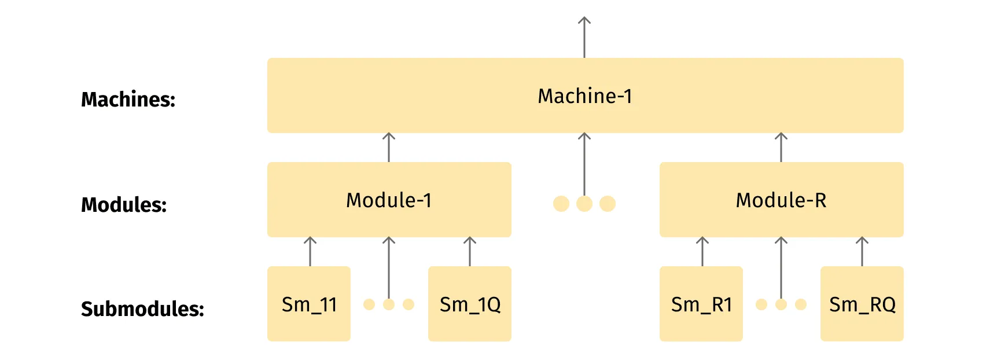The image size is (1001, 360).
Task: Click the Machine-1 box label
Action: coord(584,96)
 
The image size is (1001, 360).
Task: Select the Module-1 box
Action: coord(389,200)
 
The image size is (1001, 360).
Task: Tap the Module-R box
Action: coord(781,200)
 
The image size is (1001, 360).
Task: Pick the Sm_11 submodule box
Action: coord(309,304)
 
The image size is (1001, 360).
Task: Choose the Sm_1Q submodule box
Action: coord(470,304)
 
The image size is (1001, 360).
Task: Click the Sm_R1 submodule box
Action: coord(701,304)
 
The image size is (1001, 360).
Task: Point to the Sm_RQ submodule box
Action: coord(862,304)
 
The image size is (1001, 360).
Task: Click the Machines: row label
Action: coord(128,100)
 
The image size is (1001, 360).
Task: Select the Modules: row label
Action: coord(124,205)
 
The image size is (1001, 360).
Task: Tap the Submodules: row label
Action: coord(142,309)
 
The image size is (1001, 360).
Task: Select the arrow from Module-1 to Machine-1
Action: coord(389,148)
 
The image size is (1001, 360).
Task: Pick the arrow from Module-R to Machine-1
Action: coord(781,148)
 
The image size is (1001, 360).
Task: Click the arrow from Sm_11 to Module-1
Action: coord(310,252)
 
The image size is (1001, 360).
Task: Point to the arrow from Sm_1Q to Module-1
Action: coord(470,252)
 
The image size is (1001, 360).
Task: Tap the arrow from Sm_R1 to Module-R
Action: coord(702,252)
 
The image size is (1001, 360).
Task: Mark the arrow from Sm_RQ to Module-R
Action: coord(862,252)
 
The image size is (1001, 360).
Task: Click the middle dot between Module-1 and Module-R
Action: coord(584,204)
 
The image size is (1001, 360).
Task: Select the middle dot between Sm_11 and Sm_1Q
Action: coord(389,304)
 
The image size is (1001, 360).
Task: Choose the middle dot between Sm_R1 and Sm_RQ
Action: coord(781,304)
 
